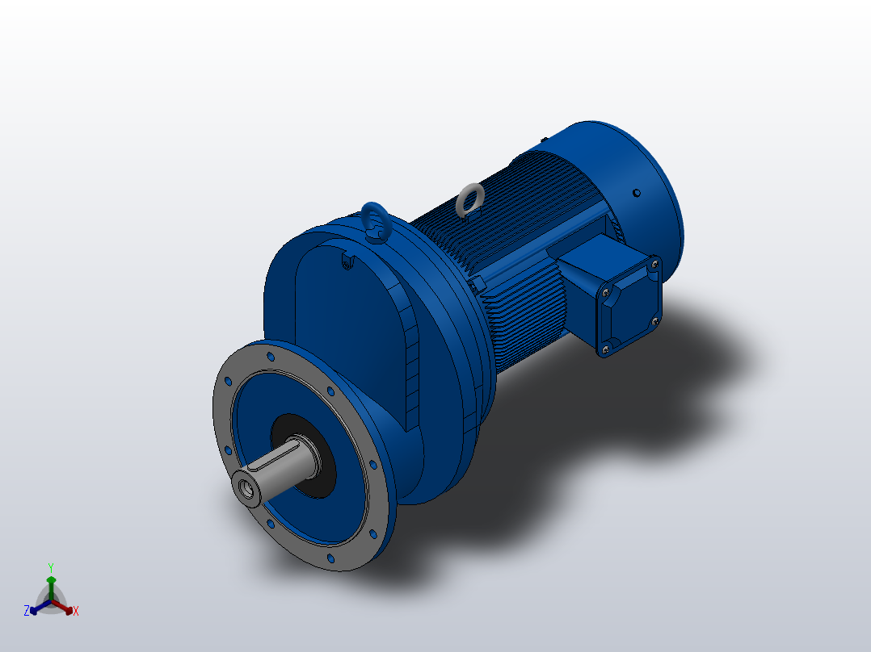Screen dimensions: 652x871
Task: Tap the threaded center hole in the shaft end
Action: coord(243,487)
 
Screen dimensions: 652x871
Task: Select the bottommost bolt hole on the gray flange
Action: coord(329,558)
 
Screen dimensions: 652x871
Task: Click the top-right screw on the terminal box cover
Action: coord(653,262)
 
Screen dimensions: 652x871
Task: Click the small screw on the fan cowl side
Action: coord(637,192)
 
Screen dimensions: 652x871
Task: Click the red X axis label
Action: coord(75,612)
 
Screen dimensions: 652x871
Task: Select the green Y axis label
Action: coord(50,567)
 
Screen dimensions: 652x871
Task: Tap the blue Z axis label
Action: coord(27,611)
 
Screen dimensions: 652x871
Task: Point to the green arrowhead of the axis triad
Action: coord(50,580)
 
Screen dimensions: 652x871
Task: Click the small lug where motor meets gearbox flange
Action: coord(478,282)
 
